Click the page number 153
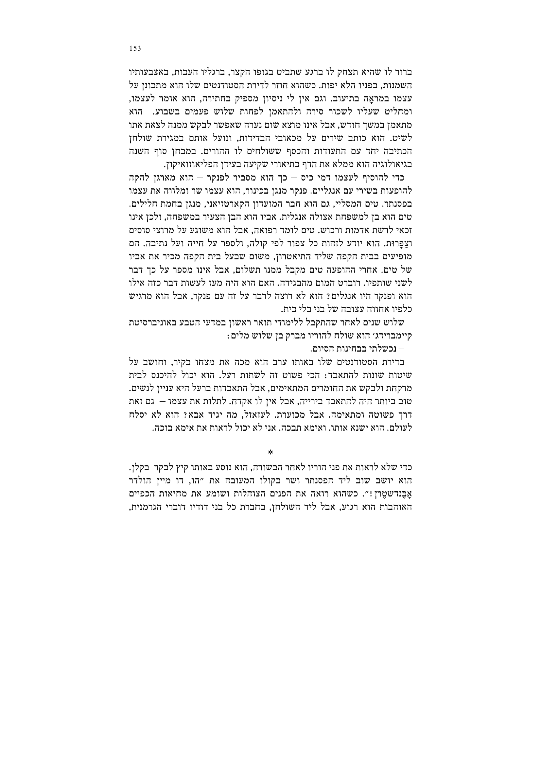(x=135, y=49)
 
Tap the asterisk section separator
(x=270, y=452)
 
